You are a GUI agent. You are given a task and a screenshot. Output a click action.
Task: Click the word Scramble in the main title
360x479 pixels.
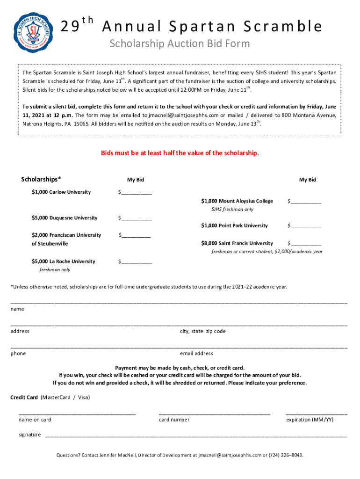(287, 27)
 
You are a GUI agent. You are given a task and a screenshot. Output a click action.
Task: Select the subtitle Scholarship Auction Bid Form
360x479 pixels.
(180, 44)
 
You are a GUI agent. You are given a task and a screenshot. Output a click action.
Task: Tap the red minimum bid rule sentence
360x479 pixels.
(180, 153)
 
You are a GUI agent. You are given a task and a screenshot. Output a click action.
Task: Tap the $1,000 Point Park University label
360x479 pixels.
(234, 226)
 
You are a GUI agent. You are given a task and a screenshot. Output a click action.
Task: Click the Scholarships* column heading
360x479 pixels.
(41, 179)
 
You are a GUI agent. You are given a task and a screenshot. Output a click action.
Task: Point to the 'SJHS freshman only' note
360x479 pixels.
(232, 210)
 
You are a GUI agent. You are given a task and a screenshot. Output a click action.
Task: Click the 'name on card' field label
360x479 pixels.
(35, 420)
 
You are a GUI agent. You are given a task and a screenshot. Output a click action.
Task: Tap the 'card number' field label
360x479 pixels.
(174, 420)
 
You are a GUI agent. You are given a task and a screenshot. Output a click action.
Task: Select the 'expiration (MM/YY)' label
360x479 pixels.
(310, 420)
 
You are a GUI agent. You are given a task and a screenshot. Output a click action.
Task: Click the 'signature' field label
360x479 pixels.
(29, 435)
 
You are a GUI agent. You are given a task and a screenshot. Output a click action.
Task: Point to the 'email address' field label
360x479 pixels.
(196, 354)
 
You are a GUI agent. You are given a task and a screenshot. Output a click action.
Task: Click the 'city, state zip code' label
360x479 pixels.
(202, 331)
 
